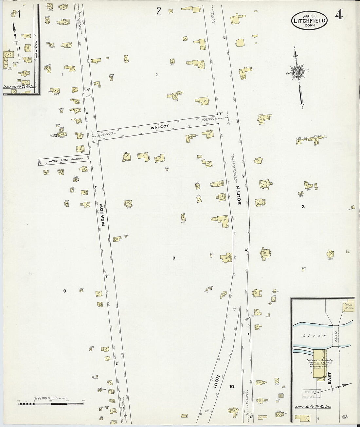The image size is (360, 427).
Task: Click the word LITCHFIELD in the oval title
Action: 309,20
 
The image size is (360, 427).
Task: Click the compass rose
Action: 298,72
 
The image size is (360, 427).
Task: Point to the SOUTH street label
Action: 239,195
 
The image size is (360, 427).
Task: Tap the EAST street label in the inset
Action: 329,378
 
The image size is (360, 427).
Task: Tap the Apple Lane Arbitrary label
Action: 65,160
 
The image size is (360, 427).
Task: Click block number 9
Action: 174,258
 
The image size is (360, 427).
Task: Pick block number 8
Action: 64,291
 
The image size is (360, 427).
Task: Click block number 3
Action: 303,206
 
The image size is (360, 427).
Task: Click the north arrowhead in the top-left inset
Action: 14,27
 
